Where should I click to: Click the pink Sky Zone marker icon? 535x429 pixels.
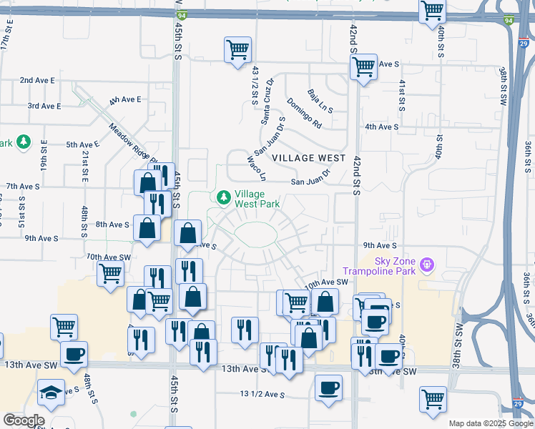point(428,265)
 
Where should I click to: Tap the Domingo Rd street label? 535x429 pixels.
point(305,113)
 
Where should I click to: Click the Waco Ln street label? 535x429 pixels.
point(255,169)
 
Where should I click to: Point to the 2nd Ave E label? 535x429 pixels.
point(37,80)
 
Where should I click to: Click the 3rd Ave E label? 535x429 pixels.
point(44,106)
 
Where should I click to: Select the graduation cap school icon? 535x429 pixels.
point(51,393)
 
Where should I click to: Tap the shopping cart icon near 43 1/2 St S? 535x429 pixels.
point(237,49)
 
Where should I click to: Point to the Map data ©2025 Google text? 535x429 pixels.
point(489,423)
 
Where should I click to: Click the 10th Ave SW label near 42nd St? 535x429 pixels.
point(325,283)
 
